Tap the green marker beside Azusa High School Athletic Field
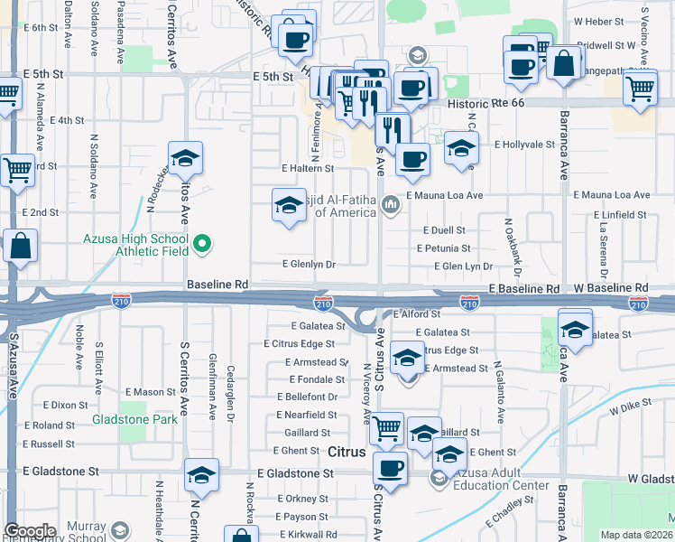[x=204, y=242]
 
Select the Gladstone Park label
[x=134, y=420]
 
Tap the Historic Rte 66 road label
[x=486, y=104]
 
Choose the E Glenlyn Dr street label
[x=309, y=265]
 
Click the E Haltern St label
[x=308, y=168]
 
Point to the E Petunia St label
[x=443, y=248]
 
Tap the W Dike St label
[x=630, y=409]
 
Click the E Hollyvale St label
[x=523, y=144]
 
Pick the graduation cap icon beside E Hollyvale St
[x=461, y=147]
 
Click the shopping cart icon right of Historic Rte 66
[x=640, y=89]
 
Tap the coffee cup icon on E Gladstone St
[x=390, y=467]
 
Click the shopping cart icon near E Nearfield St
[x=387, y=426]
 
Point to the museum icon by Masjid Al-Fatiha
[x=390, y=205]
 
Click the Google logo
[x=30, y=531]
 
